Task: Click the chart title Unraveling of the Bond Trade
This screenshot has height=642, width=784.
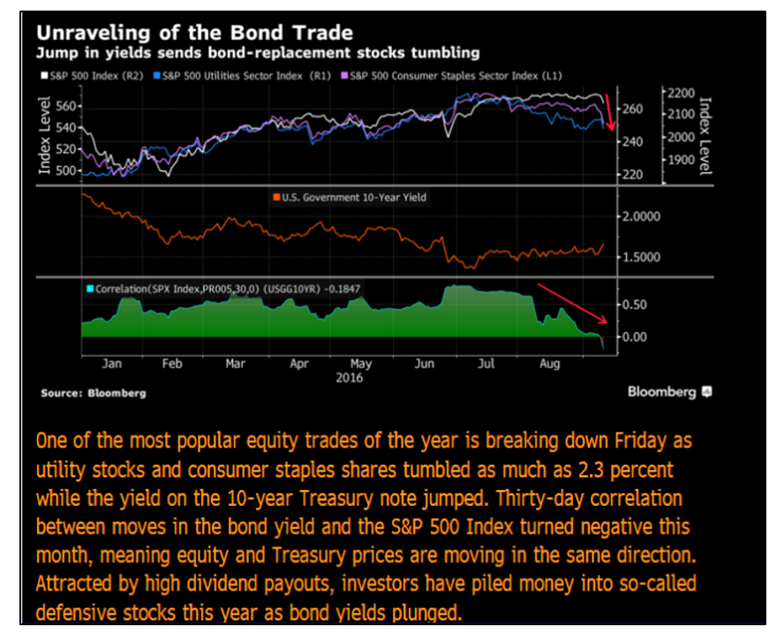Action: coord(194,33)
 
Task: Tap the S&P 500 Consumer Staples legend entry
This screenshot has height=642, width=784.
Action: coord(456,75)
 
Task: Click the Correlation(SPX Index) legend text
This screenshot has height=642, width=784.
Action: coord(221,288)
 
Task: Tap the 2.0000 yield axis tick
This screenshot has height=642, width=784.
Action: coord(641,216)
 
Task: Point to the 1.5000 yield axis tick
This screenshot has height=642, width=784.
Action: coord(641,257)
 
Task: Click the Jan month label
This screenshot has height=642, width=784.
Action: coord(112,363)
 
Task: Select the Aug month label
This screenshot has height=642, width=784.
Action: coord(549,363)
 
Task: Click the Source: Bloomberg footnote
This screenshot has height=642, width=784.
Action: coord(93,393)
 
